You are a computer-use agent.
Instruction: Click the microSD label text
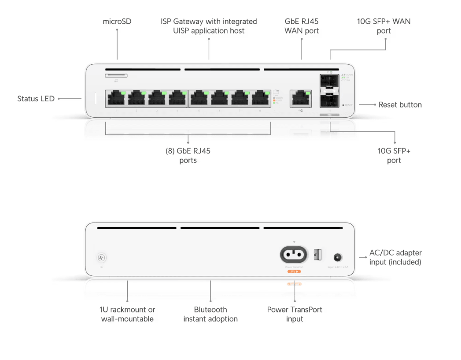click(117, 21)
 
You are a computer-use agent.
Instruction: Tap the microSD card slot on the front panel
click(116, 75)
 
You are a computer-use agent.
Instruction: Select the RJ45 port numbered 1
click(116, 98)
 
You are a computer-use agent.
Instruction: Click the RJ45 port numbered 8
click(260, 98)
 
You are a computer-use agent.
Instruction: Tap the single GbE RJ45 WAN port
click(301, 98)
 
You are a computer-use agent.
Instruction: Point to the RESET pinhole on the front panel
click(343, 105)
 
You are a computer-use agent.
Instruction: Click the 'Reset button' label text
click(400, 105)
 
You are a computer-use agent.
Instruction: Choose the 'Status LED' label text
click(36, 99)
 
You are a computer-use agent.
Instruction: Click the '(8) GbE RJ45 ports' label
click(188, 156)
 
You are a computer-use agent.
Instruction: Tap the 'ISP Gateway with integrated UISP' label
click(209, 26)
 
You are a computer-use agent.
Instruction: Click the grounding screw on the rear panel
click(102, 258)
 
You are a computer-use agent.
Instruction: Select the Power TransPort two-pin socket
click(294, 254)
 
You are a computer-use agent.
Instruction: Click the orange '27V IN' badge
click(294, 271)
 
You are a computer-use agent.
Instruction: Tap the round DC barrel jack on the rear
click(338, 257)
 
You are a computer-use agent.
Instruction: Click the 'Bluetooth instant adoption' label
click(210, 314)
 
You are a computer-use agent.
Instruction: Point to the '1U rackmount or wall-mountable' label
click(127, 314)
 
